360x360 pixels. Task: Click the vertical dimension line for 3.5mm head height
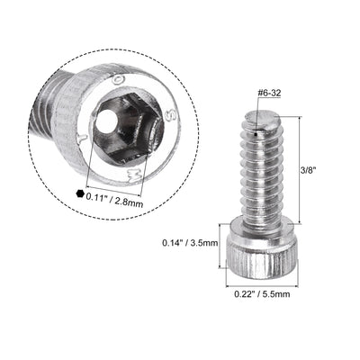220,245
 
